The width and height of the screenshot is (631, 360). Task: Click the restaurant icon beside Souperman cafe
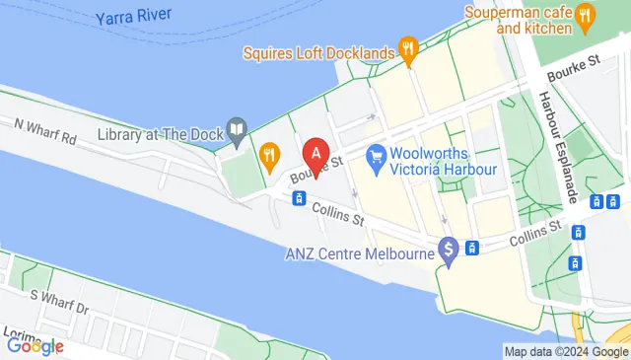click(x=585, y=15)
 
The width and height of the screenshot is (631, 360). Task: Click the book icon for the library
click(x=237, y=129)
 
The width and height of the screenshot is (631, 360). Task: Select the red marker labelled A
click(x=315, y=154)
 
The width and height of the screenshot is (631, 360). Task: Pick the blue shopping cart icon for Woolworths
click(x=376, y=156)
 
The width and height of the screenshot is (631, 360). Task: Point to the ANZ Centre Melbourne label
click(x=359, y=253)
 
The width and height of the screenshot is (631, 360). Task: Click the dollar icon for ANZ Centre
click(x=450, y=252)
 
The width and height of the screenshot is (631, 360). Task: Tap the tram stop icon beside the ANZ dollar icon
click(x=473, y=247)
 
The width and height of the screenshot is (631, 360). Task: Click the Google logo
click(x=35, y=345)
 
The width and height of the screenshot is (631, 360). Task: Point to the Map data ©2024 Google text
click(x=565, y=351)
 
